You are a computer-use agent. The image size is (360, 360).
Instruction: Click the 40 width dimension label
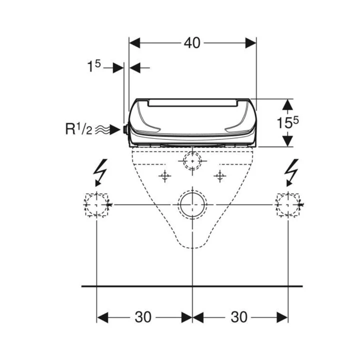click(192, 43)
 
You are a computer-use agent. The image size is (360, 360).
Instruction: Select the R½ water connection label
click(79, 129)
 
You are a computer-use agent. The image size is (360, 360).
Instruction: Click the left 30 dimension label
click(143, 317)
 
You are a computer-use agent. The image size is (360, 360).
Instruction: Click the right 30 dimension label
click(239, 317)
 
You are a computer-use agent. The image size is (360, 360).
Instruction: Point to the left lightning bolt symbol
click(100, 172)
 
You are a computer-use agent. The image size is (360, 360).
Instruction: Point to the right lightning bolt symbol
click(291, 172)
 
